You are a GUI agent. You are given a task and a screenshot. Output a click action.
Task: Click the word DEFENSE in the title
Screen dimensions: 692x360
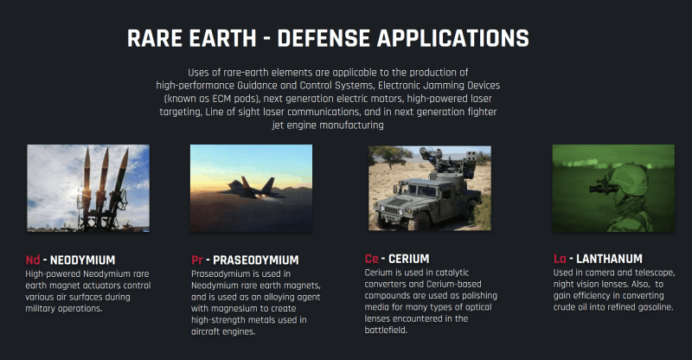click(324, 38)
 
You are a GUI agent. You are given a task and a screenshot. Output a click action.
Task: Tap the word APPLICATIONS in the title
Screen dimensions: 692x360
click(452, 38)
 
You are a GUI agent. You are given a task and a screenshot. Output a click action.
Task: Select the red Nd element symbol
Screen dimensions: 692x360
click(33, 260)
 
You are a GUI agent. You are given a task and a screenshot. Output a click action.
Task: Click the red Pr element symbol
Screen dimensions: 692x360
click(197, 260)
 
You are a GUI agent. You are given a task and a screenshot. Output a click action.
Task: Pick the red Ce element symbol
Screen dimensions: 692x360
click(372, 259)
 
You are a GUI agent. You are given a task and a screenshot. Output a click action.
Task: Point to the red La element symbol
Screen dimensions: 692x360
click(560, 259)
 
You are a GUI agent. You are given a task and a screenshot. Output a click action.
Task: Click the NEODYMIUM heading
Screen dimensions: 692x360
click(82, 260)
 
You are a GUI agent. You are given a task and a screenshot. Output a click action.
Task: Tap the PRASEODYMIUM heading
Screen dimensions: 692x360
click(256, 260)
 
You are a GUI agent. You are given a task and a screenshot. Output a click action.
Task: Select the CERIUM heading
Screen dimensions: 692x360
click(408, 259)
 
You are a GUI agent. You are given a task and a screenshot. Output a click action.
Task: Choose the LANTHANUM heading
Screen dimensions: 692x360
click(610, 259)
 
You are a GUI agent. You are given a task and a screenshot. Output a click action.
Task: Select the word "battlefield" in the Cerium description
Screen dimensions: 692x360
click(386, 330)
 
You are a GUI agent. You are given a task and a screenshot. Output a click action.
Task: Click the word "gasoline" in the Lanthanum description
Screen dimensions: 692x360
click(653, 307)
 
